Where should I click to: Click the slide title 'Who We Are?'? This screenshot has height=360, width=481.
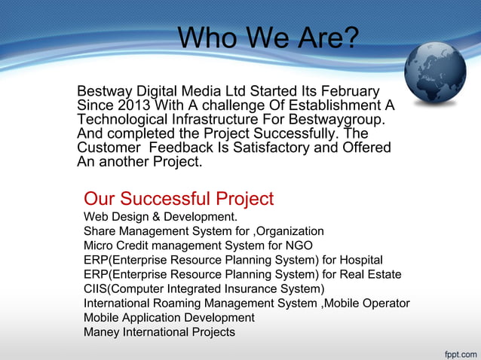click(x=268, y=37)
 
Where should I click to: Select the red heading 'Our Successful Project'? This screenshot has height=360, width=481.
click(x=179, y=199)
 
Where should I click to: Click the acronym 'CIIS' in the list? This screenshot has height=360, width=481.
click(x=96, y=288)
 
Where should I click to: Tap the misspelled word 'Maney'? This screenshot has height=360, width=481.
click(x=100, y=332)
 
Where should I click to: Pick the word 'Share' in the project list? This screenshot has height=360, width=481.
click(x=99, y=231)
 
